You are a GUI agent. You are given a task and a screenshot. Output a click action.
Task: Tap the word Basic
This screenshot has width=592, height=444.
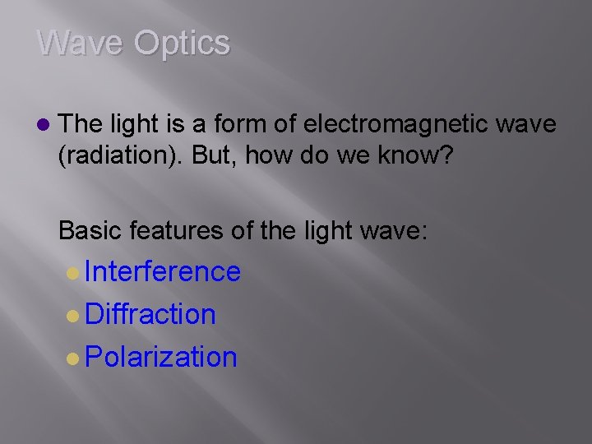point(90,230)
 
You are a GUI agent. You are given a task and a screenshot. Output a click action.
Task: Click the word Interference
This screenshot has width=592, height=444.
point(162,271)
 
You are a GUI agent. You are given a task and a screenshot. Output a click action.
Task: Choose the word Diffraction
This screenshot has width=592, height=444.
point(150,314)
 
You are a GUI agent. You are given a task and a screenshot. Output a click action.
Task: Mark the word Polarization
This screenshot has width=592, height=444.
point(160,357)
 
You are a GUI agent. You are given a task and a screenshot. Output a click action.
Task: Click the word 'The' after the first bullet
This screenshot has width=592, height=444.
point(81,124)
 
